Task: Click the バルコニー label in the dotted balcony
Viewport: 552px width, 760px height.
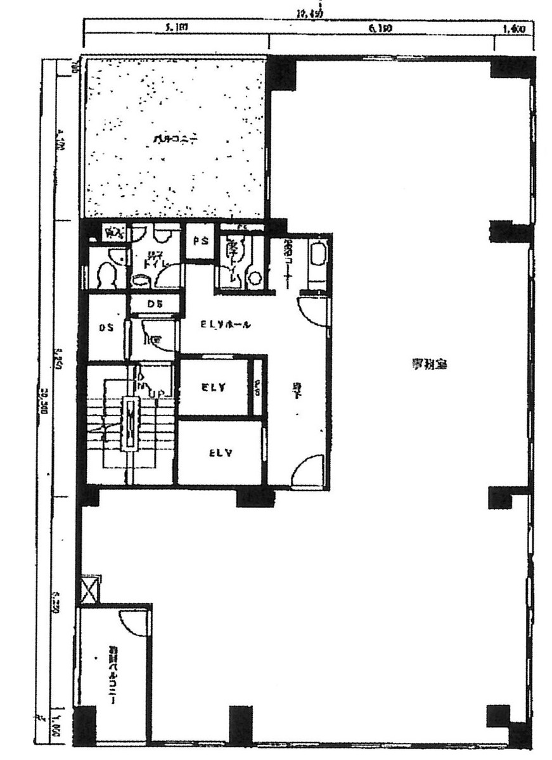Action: (165, 139)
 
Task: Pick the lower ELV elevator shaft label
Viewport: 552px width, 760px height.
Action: (219, 453)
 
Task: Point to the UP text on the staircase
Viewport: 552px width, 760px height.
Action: (161, 393)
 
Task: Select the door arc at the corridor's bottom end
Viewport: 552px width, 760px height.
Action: (309, 472)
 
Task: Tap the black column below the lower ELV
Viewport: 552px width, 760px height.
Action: (255, 498)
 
